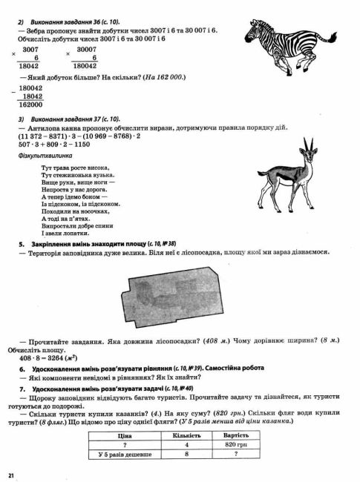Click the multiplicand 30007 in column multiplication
pyautogui.click(x=85, y=47)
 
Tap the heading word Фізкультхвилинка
pyautogui.click(x=45, y=156)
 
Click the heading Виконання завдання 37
pyautogui.click(x=74, y=119)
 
